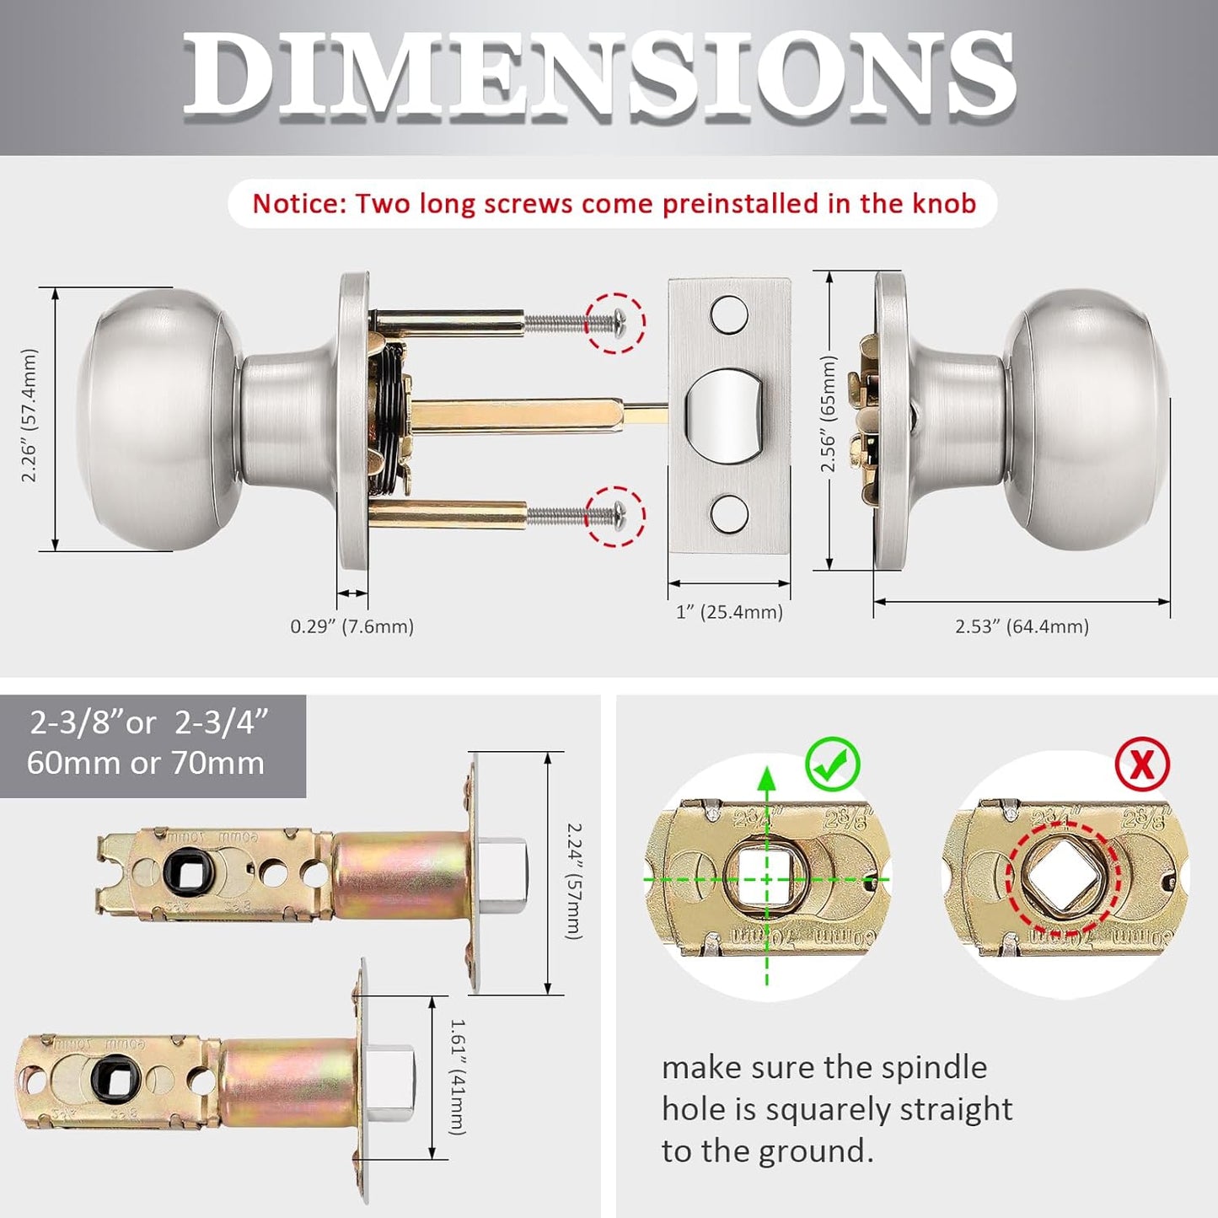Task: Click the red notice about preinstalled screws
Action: click(614, 204)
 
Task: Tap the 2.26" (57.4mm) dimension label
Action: click(30, 416)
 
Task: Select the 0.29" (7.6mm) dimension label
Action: click(351, 626)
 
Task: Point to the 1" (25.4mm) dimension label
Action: click(729, 612)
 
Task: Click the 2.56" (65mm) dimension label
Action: click(829, 414)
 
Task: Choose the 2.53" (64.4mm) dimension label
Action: click(1022, 626)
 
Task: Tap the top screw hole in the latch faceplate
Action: click(729, 314)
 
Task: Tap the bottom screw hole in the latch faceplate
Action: click(729, 514)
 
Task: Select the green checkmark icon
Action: click(832, 765)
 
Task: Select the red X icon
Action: click(1141, 765)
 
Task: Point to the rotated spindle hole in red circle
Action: click(1062, 879)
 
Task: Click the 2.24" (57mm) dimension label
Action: click(573, 881)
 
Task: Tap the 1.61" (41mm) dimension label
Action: click(457, 1076)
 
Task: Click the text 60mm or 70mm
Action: click(146, 763)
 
